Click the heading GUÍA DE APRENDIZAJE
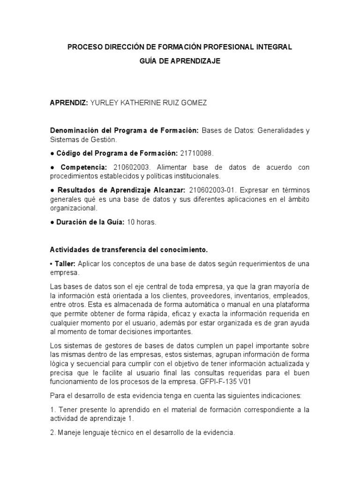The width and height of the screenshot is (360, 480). tap(180, 61)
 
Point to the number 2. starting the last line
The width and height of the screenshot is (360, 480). tap(53, 433)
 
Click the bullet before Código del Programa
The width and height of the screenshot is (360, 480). tap(52, 153)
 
